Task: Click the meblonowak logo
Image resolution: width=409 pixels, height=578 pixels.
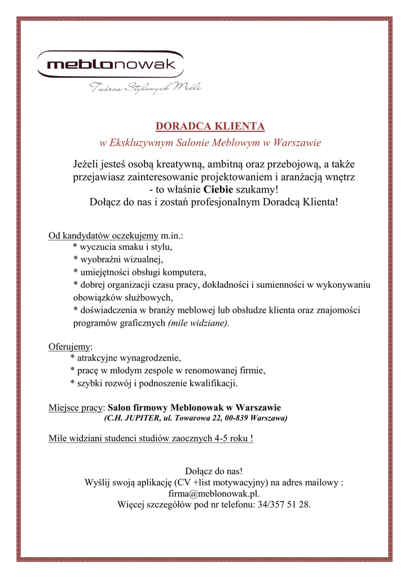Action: tap(111, 65)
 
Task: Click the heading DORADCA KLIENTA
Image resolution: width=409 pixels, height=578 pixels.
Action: tap(210, 125)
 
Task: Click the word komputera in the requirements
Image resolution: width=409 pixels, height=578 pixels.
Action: tap(182, 272)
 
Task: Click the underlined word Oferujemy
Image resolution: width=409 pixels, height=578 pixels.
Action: tap(70, 345)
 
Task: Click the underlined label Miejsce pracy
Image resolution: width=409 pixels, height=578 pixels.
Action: tap(76, 407)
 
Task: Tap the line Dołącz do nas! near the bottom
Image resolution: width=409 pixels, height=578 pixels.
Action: tap(214, 471)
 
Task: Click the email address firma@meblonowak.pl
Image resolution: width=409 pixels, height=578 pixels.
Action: tap(213, 493)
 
